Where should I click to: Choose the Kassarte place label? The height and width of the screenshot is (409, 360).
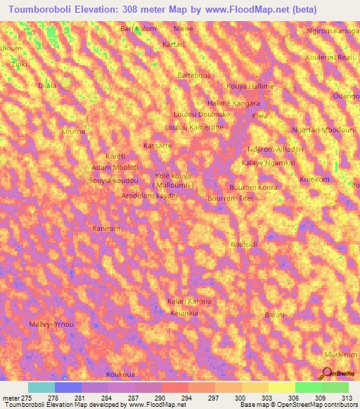tap(157, 145)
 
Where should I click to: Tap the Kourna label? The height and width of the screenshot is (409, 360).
tap(73, 131)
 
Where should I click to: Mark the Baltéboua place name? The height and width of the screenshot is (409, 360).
tap(195, 74)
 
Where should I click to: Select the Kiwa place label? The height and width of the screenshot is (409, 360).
tap(260, 115)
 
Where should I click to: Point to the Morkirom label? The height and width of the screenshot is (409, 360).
tap(340, 354)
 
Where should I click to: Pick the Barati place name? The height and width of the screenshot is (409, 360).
tap(274, 315)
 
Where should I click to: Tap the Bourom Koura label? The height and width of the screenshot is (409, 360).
tap(254, 188)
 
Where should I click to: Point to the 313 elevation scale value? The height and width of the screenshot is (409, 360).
tap(347, 398)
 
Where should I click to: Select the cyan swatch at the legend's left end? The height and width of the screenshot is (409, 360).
tap(41, 387)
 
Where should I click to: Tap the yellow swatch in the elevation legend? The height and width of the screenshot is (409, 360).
tap(281, 387)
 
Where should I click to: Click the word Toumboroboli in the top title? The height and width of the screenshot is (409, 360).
tap(44, 9)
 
